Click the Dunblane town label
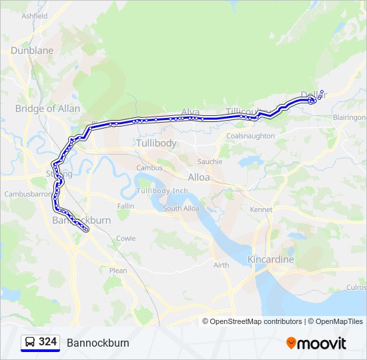[x=31, y=50]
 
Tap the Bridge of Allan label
[x=47, y=109]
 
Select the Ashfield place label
[x=34, y=15]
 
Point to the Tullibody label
[x=156, y=143]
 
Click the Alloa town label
[x=198, y=177]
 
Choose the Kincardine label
[x=270, y=259]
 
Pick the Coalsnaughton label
[x=250, y=136]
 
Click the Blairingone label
[x=350, y=117]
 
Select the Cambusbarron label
[x=27, y=194]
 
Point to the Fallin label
[x=125, y=207]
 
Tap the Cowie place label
[x=125, y=238]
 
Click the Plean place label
[x=117, y=271]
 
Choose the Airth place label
[x=221, y=265]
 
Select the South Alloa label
[x=181, y=209]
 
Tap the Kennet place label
[x=261, y=209]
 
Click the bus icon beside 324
[x=30, y=342]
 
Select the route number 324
[x=47, y=342]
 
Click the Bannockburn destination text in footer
[x=97, y=343]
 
